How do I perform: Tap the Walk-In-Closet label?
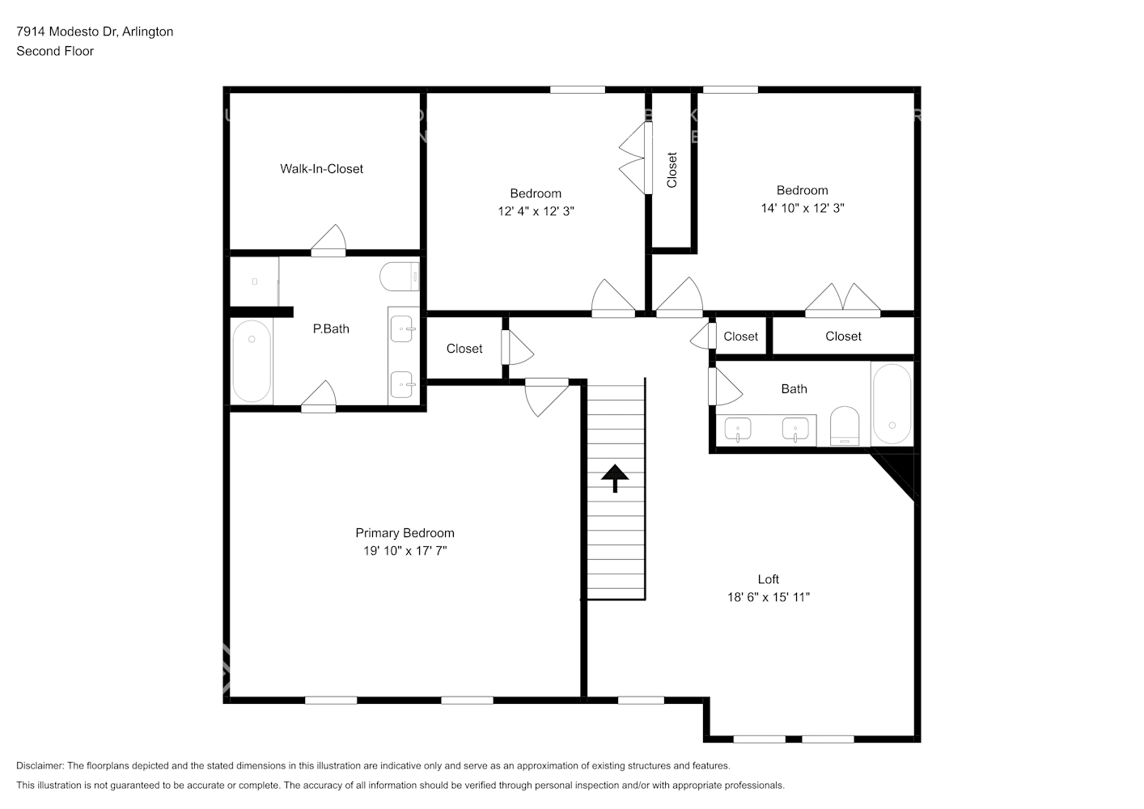coord(321,168)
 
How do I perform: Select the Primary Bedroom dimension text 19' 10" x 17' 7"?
coord(405,551)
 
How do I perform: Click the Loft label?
coord(768,579)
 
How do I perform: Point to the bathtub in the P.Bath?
coord(252,361)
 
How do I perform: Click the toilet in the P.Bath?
coord(400,277)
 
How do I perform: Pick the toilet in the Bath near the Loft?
coord(844,426)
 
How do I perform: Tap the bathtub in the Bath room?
coord(892,404)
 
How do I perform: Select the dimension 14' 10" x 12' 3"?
coord(802,208)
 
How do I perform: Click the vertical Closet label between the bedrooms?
coord(672,170)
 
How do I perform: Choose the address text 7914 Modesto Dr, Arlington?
coord(95,32)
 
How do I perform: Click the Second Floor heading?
coord(55,51)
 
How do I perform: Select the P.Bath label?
coord(331,328)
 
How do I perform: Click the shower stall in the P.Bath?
coord(254,282)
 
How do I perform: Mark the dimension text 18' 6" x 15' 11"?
coord(768,597)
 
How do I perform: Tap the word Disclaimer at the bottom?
coord(40,765)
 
